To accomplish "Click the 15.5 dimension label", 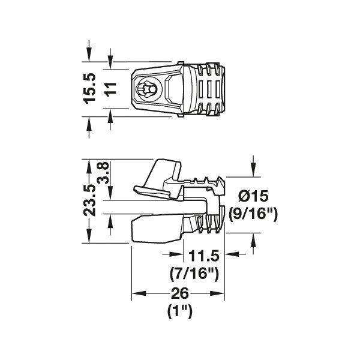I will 89,88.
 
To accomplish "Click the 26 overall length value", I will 179,293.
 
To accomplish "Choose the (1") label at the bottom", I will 179,311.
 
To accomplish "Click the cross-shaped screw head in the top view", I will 148,89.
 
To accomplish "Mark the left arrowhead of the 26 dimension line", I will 136,295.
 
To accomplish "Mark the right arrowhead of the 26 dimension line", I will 221,295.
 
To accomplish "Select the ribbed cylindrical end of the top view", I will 207,88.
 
